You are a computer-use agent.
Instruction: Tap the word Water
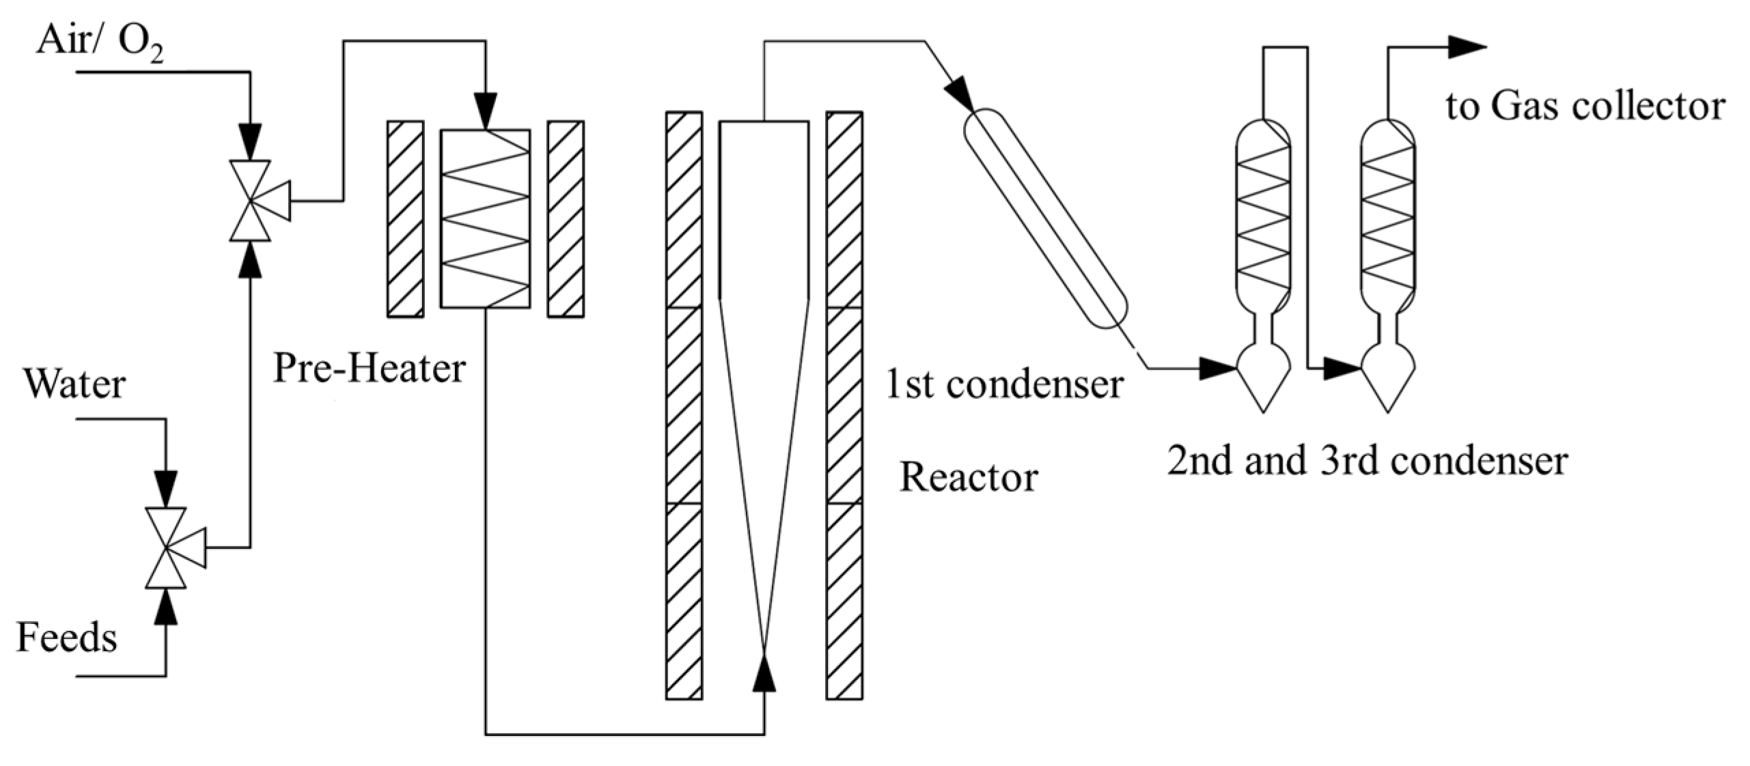point(74,384)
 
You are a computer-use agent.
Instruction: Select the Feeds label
point(66,638)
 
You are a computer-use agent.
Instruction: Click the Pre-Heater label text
point(369,368)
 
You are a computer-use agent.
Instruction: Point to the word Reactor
point(968,477)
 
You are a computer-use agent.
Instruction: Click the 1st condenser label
point(1004,384)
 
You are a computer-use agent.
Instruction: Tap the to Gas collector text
point(1585,107)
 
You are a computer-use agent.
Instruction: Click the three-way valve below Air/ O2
point(250,201)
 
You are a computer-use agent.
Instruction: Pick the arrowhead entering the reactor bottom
point(764,672)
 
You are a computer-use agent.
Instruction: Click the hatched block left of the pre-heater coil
point(405,219)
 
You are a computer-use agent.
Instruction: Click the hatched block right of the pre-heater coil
point(566,219)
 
